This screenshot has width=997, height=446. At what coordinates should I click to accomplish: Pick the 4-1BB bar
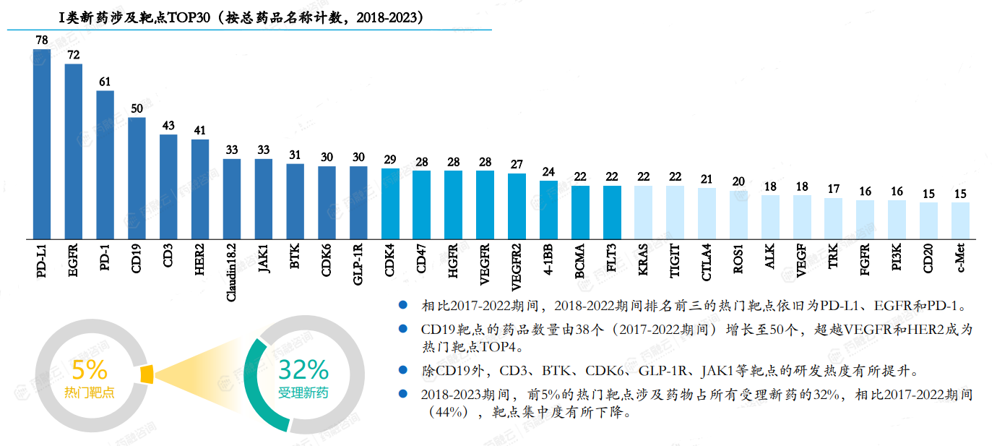[x=548, y=209]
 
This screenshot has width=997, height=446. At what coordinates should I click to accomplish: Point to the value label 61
[x=105, y=82]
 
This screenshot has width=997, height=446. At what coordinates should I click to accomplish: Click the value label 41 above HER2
[x=200, y=131]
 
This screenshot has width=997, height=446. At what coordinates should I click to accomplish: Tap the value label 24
[x=548, y=171]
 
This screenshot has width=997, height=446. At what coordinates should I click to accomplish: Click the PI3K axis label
[x=897, y=260]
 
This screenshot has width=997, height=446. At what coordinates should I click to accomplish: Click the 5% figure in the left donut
[x=90, y=370]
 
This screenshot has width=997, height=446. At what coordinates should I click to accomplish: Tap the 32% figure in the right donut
[x=303, y=369]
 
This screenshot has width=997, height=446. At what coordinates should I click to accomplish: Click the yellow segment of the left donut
[x=147, y=374]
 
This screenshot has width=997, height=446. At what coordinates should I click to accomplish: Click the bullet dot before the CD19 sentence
[x=403, y=329]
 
